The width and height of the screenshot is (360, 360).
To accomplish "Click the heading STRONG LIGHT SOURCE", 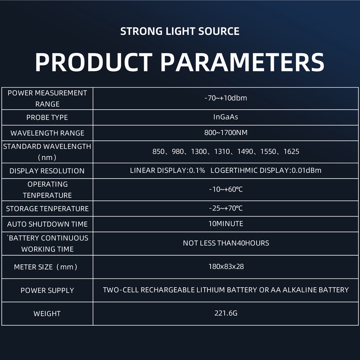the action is click(x=180, y=31).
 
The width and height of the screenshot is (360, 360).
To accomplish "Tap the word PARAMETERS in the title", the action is click(x=242, y=62).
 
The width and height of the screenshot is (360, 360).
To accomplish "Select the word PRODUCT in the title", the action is click(x=94, y=62).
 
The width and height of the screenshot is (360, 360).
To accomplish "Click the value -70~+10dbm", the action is click(x=226, y=98).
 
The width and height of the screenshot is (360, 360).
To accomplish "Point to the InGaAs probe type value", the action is click(x=226, y=117).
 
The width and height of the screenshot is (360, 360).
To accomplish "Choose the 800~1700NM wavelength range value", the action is click(x=226, y=133).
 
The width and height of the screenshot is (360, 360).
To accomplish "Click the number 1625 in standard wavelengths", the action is click(x=291, y=152).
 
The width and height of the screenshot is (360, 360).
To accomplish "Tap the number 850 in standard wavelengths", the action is click(x=159, y=152).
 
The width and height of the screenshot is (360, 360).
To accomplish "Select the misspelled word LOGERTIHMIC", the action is click(x=234, y=171).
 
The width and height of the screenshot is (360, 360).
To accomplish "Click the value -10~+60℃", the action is click(x=226, y=189).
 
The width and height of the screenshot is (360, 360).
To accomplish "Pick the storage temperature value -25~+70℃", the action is click(x=226, y=208).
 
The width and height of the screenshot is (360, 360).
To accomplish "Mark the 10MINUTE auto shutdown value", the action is click(x=226, y=224).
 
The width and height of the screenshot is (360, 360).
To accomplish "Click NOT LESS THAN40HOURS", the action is click(x=226, y=243).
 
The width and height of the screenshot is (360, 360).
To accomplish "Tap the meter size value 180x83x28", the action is click(x=226, y=266).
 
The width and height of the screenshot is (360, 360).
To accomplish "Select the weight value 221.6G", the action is click(x=226, y=313).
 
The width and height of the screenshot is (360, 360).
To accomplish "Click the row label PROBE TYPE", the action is click(x=47, y=117).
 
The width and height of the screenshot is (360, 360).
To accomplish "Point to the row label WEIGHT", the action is click(x=47, y=313).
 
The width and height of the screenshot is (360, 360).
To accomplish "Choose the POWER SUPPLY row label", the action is click(x=47, y=290).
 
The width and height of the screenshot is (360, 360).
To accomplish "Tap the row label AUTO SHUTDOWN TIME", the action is click(x=47, y=224).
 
